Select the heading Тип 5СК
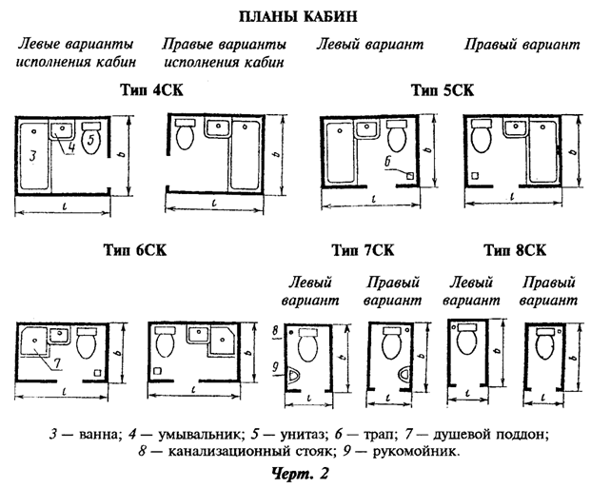click(x=443, y=90)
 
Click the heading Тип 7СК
click(x=363, y=251)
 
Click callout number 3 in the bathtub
click(x=31, y=155)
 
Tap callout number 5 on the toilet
click(x=91, y=140)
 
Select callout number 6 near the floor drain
click(x=388, y=163)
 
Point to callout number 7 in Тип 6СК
click(x=56, y=362)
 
